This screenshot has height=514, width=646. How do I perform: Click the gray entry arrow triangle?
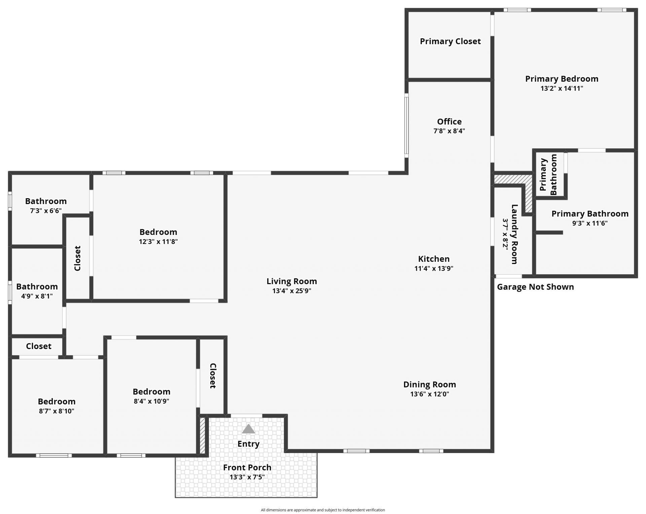tap(248, 429)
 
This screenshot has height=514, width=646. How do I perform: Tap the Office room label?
tap(449, 122)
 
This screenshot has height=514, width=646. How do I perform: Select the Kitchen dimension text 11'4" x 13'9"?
tap(434, 268)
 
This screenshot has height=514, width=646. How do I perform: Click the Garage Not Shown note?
tap(535, 287)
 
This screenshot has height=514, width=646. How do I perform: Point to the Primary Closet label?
tap(450, 41)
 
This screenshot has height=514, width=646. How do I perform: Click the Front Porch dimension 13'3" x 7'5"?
tap(247, 477)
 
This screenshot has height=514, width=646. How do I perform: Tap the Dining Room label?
tap(430, 384)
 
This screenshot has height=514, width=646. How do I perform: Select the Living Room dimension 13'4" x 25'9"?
tap(292, 291)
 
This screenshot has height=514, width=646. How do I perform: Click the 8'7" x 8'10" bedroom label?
tap(57, 401)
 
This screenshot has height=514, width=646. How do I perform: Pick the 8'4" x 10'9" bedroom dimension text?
tap(151, 401)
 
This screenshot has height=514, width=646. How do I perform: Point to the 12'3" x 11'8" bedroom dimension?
tap(158, 241)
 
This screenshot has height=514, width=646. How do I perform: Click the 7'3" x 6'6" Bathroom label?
tap(46, 201)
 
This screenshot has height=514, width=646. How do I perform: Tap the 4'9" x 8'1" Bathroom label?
tap(37, 287)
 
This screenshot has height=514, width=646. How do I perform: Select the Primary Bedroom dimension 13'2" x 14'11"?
tap(562, 89)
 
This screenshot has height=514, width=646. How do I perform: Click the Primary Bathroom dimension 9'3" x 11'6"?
tap(590, 223)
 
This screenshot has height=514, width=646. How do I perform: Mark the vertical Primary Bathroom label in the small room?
tap(548, 174)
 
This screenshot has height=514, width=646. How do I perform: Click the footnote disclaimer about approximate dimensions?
tap(323, 510)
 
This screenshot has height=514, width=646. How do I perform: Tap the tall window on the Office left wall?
tap(406, 126)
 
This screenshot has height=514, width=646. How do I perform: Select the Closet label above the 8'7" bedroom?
tap(39, 346)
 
